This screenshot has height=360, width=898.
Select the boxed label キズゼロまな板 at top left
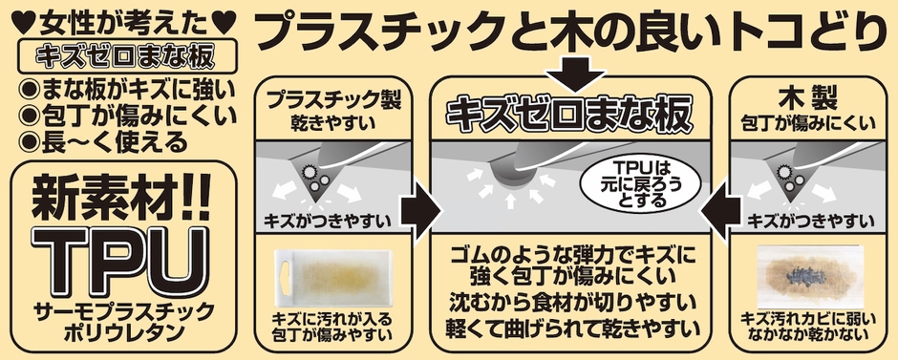click(118, 55)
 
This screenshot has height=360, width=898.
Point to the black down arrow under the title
click(572, 69)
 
